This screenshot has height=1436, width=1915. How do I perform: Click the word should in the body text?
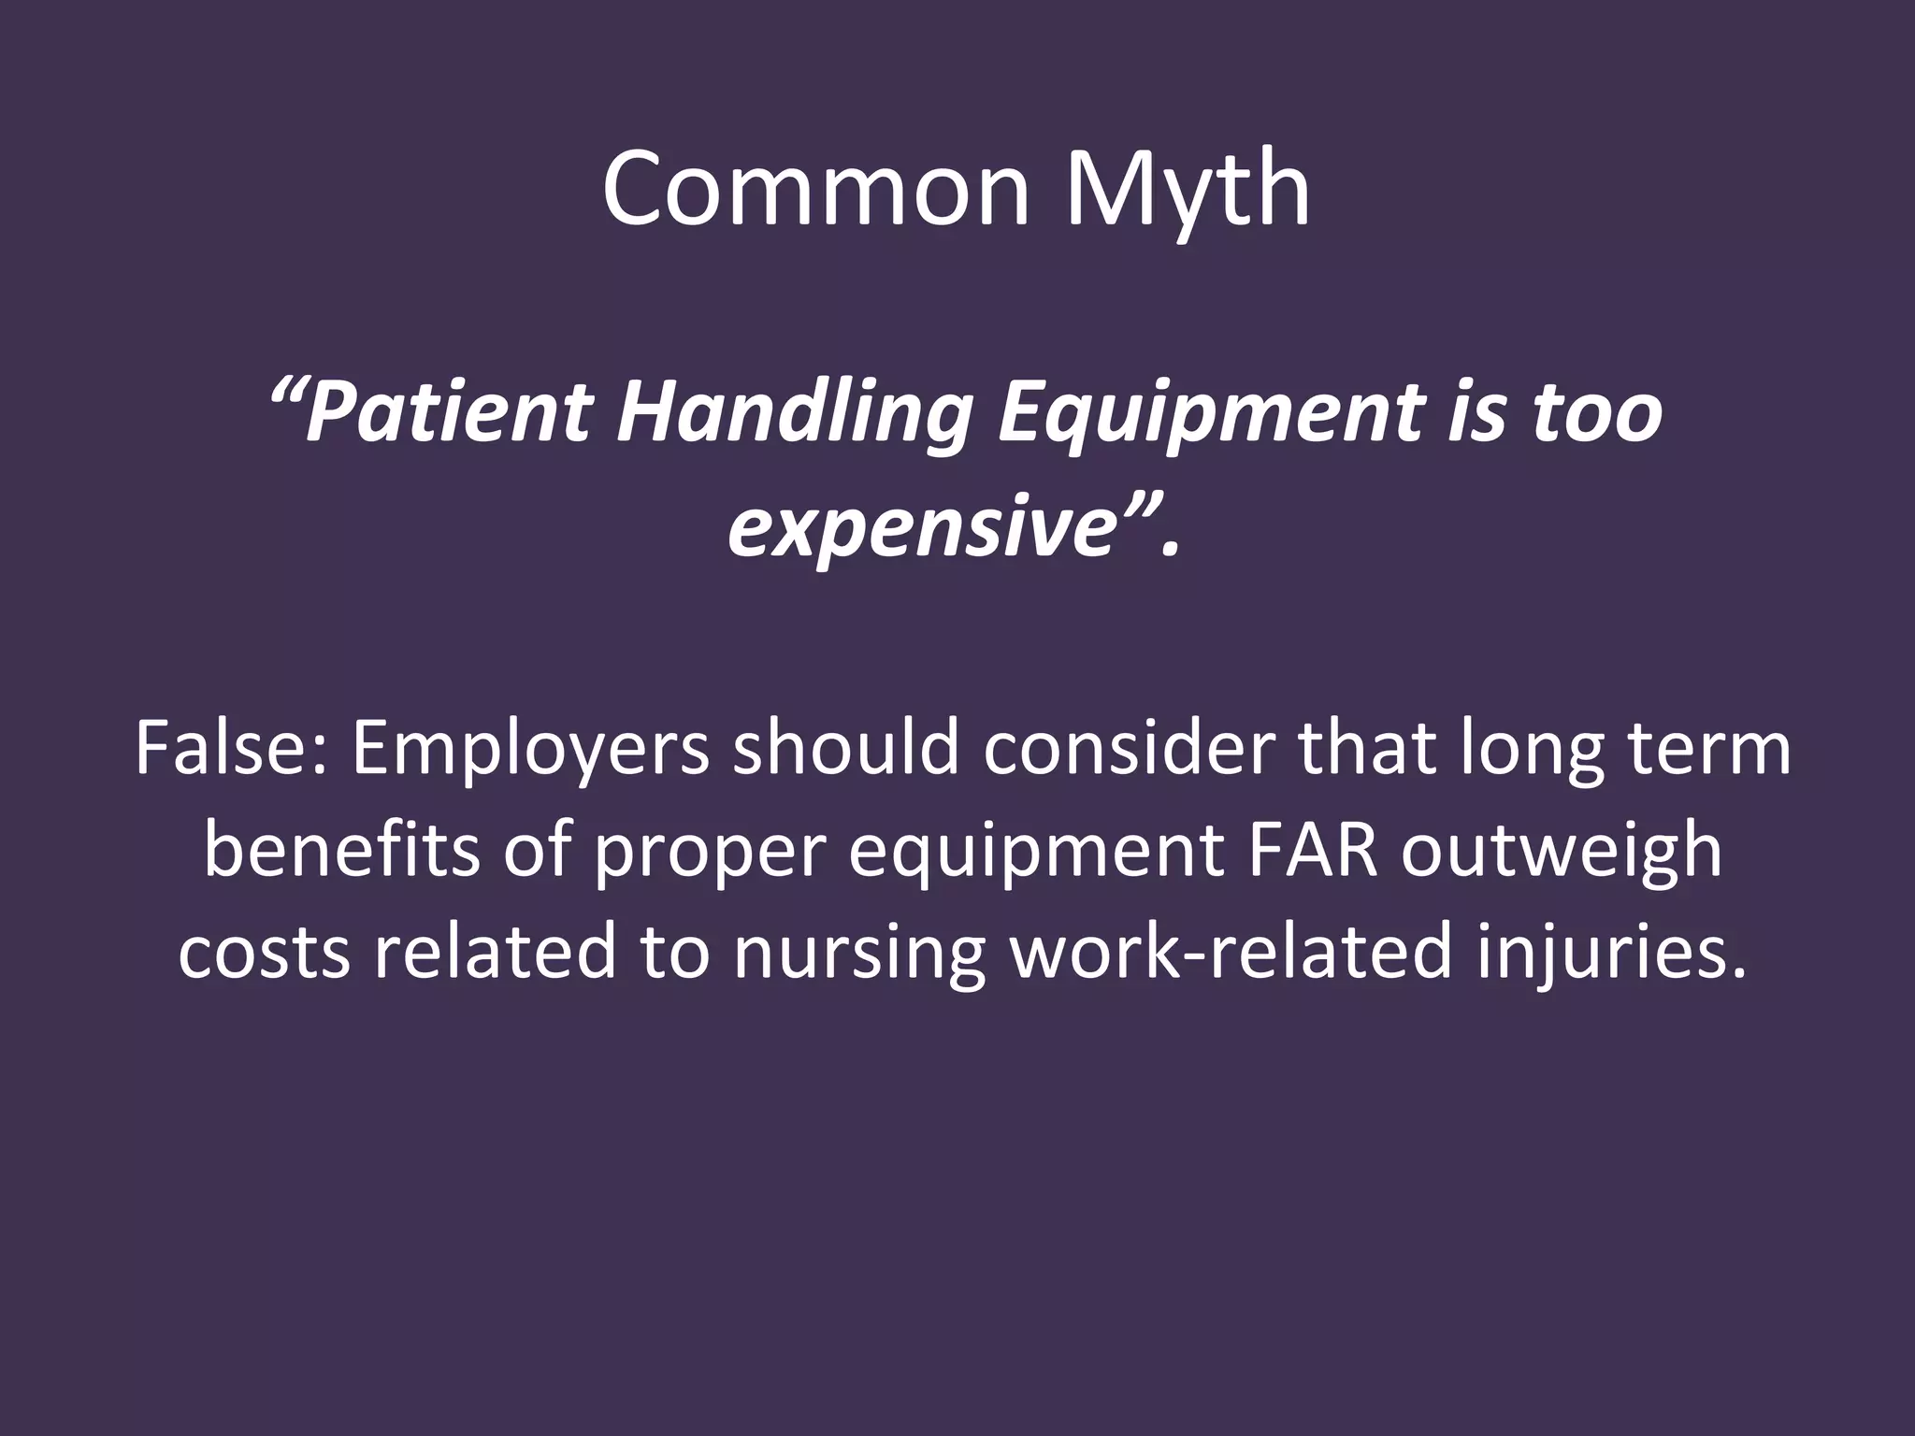[846, 748]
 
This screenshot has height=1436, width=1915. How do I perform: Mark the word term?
[1710, 748]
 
